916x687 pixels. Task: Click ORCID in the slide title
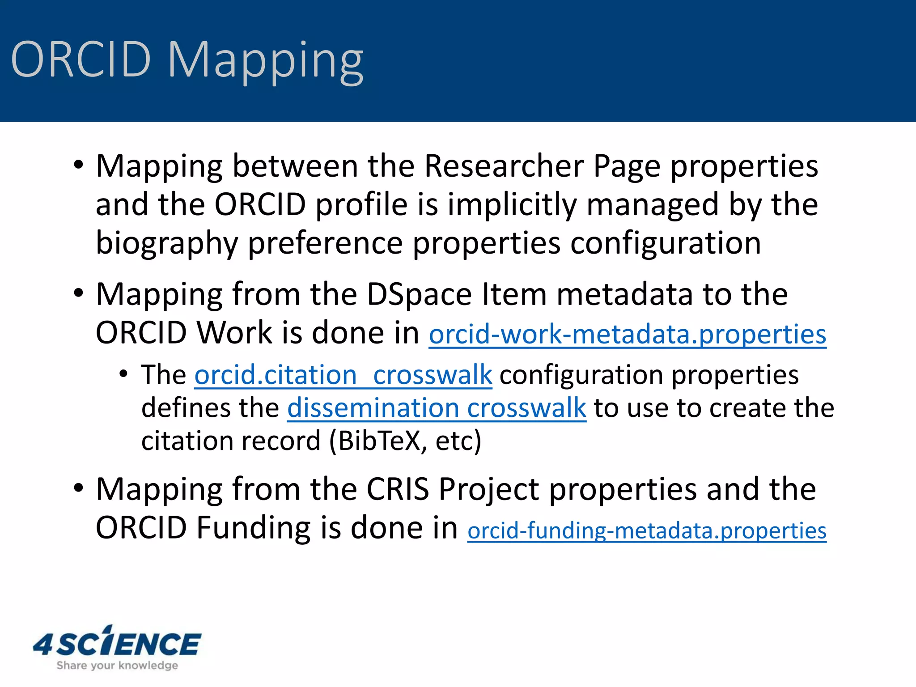[x=81, y=59]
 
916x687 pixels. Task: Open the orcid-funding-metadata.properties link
[x=647, y=530]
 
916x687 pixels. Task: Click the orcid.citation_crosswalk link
[x=343, y=374]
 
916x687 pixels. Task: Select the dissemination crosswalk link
[x=436, y=408]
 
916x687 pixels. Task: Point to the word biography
[x=167, y=244]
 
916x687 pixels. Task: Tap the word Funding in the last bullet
[x=254, y=528]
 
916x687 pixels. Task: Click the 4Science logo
[x=117, y=643]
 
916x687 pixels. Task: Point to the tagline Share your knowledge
[x=117, y=666]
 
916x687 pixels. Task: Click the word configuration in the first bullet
[x=666, y=244]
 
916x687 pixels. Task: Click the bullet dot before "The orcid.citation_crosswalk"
[x=123, y=373]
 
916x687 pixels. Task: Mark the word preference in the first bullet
[x=325, y=244]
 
